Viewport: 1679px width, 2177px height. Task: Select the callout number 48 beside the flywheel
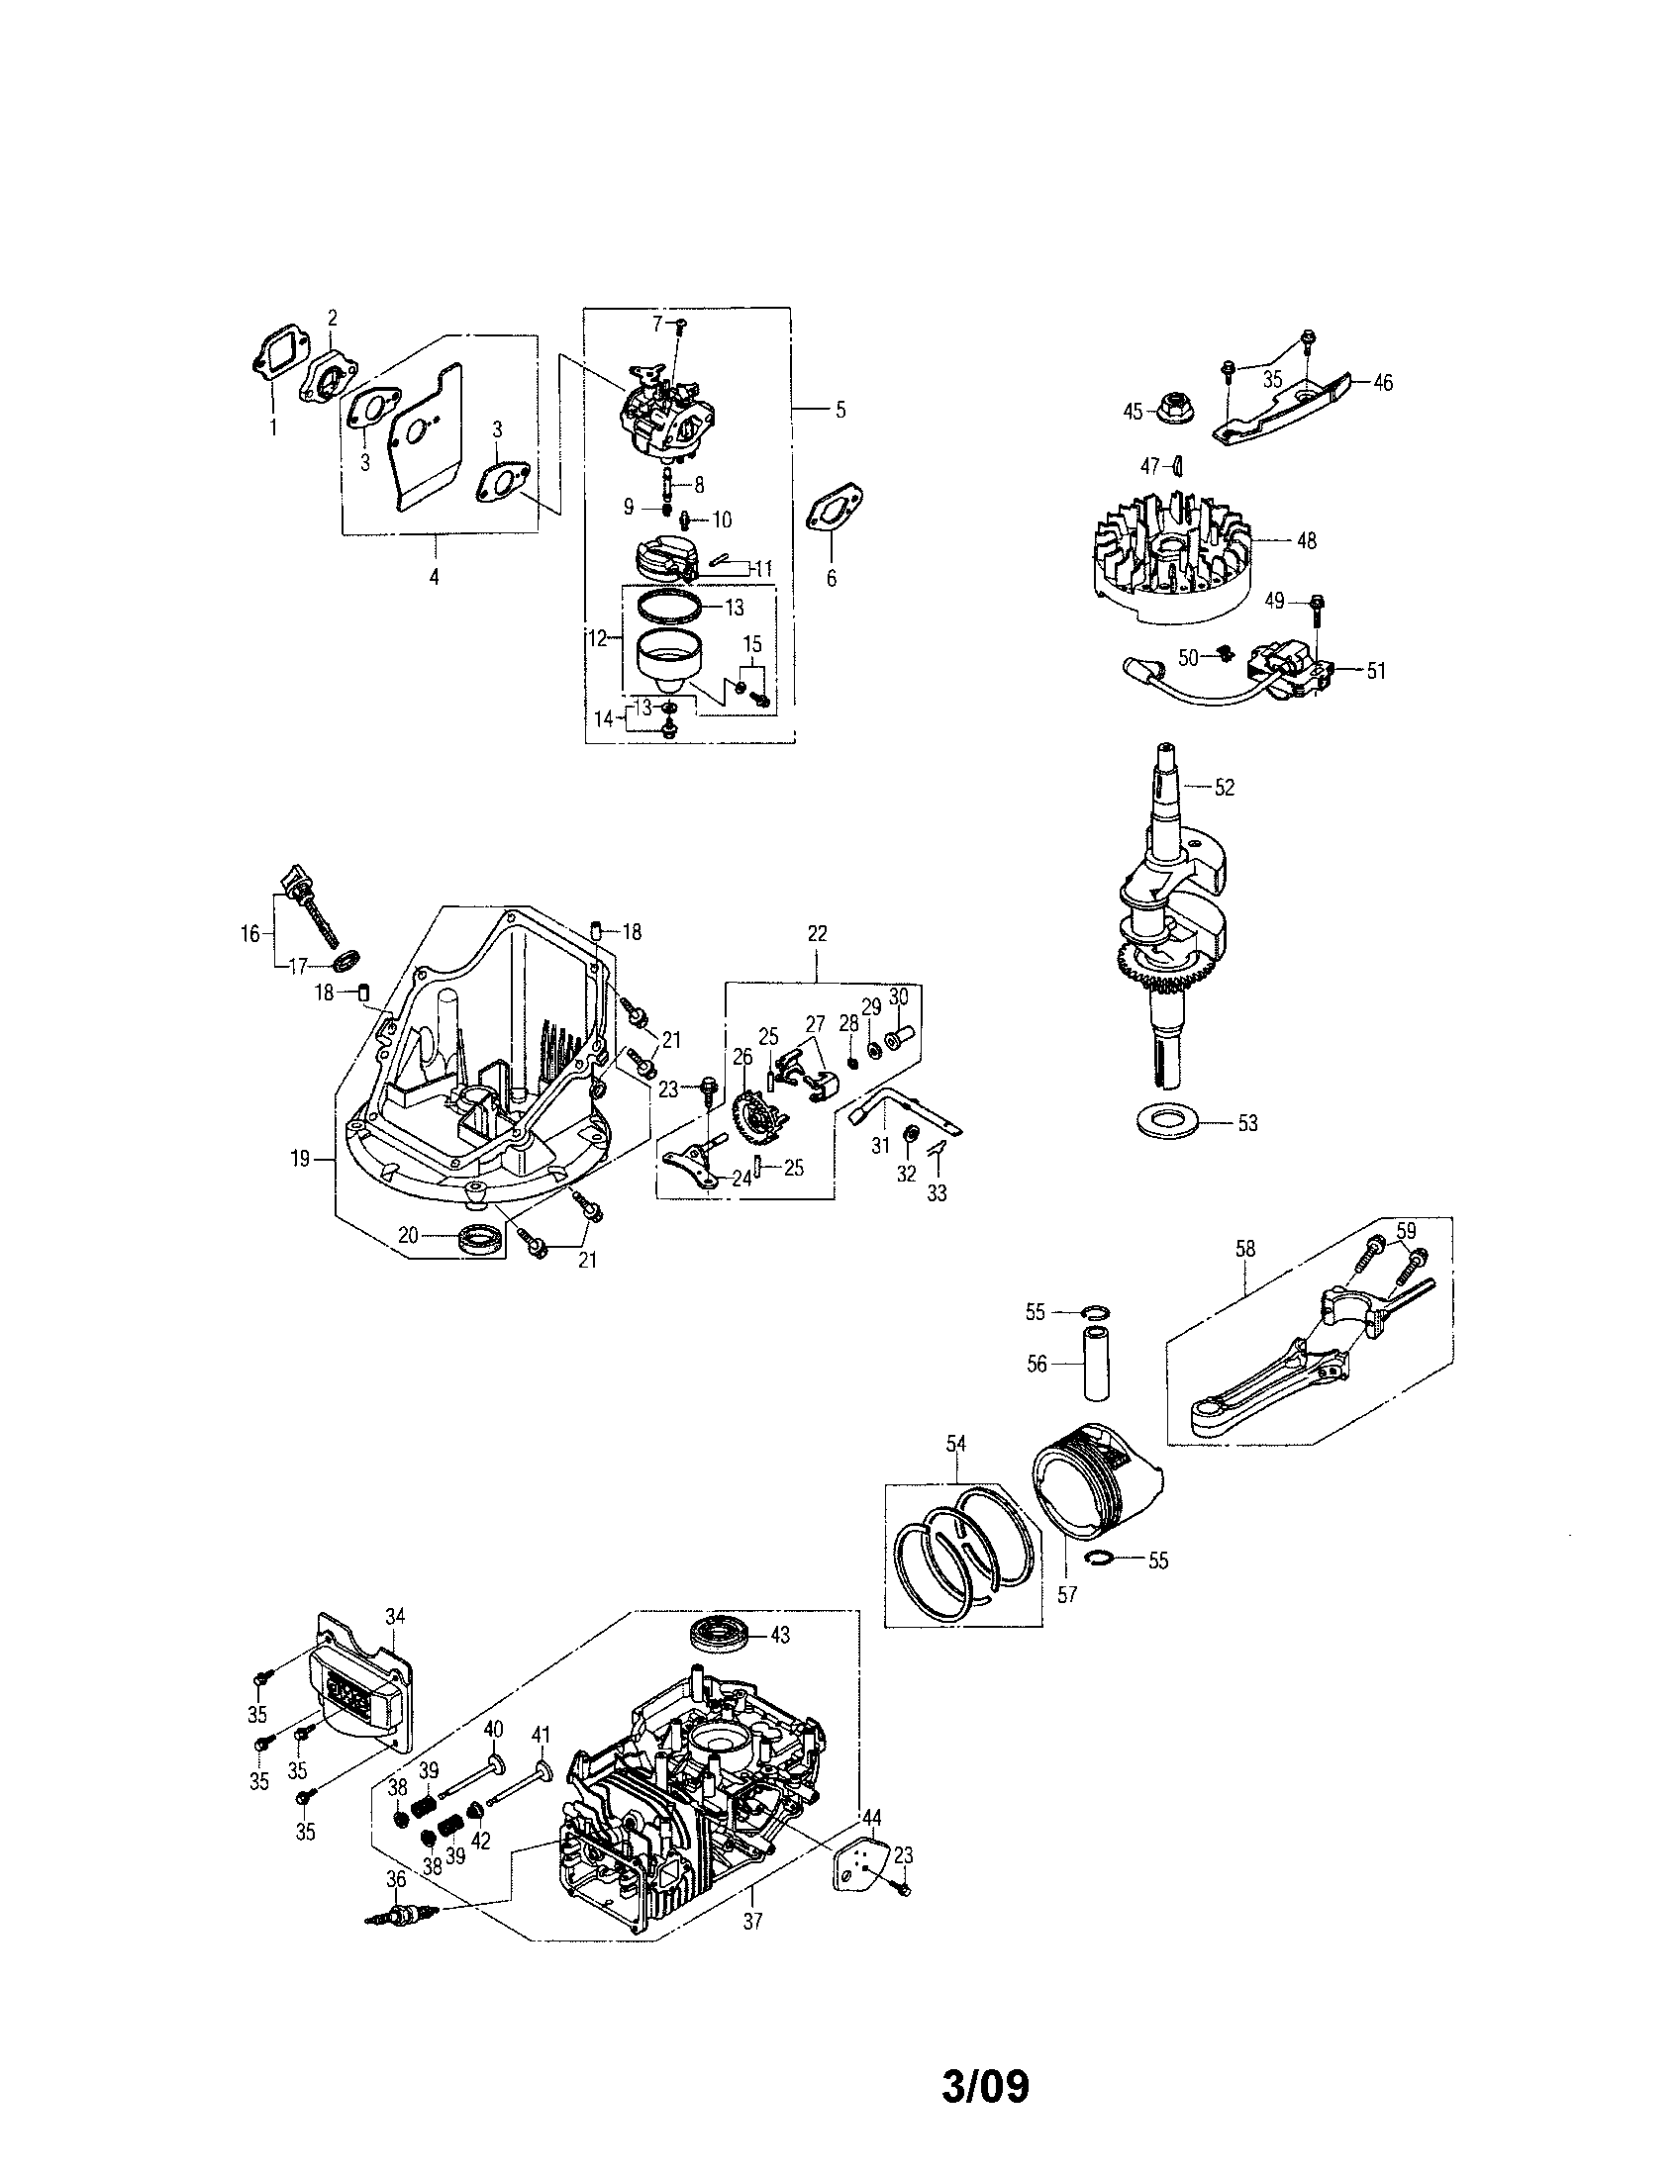click(1305, 540)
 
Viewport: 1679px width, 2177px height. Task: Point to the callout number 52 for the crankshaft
click(1225, 788)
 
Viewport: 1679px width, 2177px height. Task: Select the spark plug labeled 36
click(403, 1917)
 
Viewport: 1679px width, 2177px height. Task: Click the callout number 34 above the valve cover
click(395, 1617)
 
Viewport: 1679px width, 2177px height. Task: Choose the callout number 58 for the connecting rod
click(1244, 1249)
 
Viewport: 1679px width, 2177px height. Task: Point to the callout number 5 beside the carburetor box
click(839, 410)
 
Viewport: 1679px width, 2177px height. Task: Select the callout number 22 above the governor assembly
click(817, 934)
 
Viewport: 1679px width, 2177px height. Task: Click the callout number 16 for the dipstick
click(250, 934)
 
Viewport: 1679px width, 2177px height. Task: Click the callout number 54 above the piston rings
click(956, 1444)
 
